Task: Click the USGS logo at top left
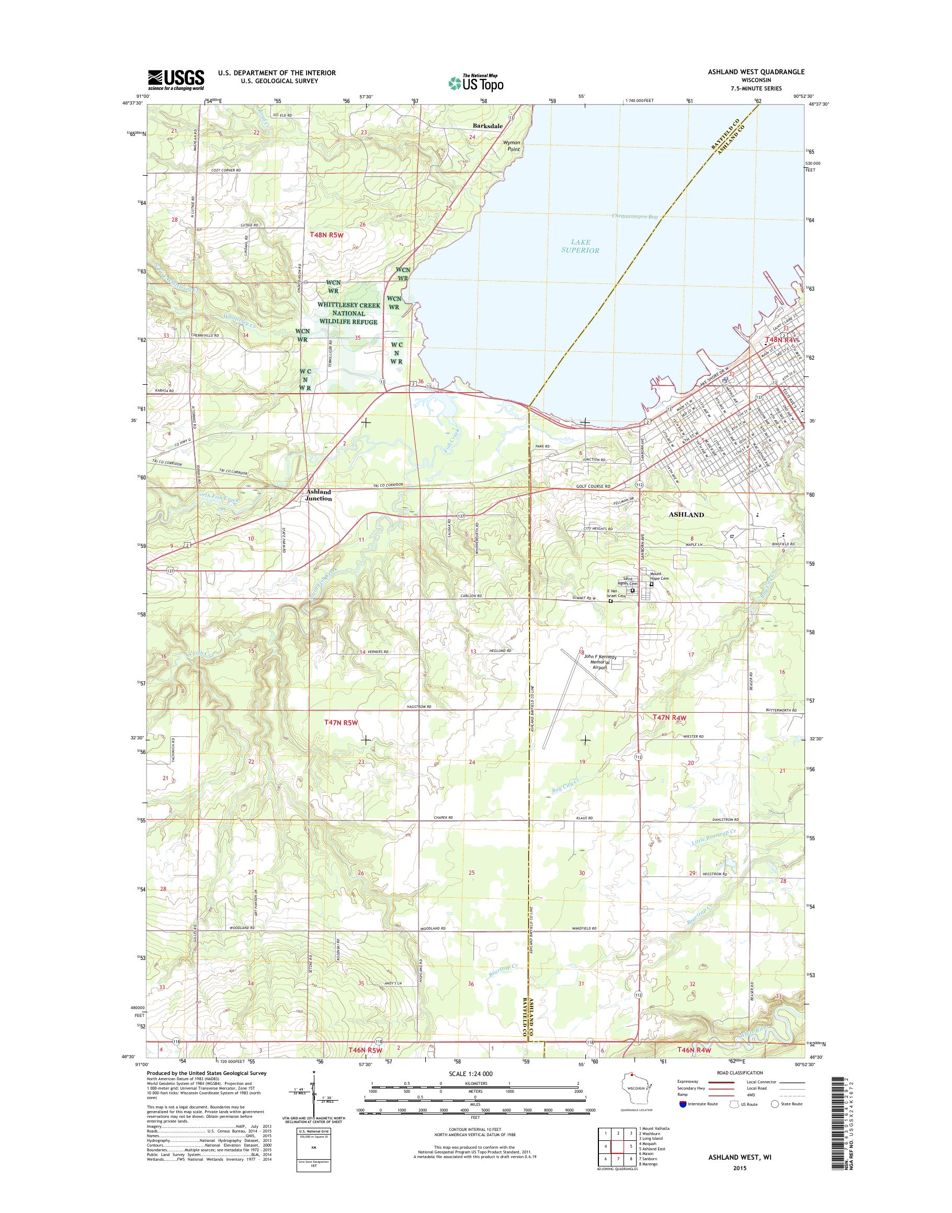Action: pos(176,79)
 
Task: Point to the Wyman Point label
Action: pos(512,146)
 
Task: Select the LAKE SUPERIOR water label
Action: pos(580,246)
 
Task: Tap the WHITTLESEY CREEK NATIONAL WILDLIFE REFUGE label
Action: pos(348,313)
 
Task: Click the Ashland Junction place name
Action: pos(319,495)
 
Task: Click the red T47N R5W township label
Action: pos(340,722)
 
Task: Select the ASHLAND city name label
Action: pos(686,515)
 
